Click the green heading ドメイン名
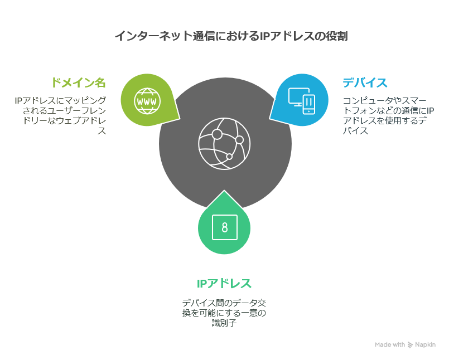point(79,82)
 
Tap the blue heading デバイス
point(365,82)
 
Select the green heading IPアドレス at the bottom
point(224,284)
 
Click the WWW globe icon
point(147,101)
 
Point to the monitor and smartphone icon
point(302,101)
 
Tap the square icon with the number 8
point(225,227)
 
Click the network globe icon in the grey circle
point(224,143)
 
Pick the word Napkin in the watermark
point(425,344)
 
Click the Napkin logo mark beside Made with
point(411,345)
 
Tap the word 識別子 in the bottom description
point(224,323)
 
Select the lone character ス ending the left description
point(102,131)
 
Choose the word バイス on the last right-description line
point(355,131)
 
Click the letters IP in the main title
point(264,36)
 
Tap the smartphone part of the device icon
point(308,105)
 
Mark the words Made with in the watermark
point(390,344)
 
